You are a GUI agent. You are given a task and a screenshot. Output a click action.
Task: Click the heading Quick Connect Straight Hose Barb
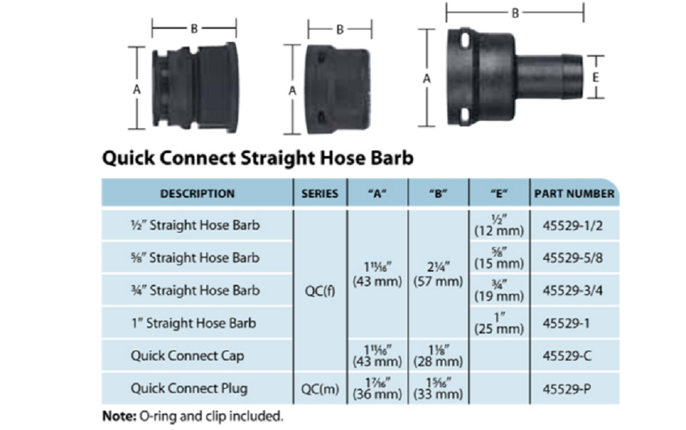pyautogui.click(x=257, y=158)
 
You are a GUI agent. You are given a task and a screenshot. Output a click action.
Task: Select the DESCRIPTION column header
pyautogui.click(x=197, y=194)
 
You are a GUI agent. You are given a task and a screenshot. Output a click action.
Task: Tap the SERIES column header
pyautogui.click(x=320, y=194)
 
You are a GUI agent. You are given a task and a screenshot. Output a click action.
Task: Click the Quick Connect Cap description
pyautogui.click(x=187, y=356)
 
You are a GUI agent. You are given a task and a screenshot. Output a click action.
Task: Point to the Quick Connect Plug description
pyautogui.click(x=189, y=388)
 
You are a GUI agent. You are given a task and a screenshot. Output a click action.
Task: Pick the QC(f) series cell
pyautogui.click(x=320, y=291)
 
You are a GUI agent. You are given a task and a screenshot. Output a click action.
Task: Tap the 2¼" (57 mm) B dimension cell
pyautogui.click(x=438, y=274)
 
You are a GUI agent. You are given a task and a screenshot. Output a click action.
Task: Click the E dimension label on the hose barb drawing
pyautogui.click(x=595, y=78)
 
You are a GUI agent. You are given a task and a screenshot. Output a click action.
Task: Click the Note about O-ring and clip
pyautogui.click(x=192, y=416)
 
